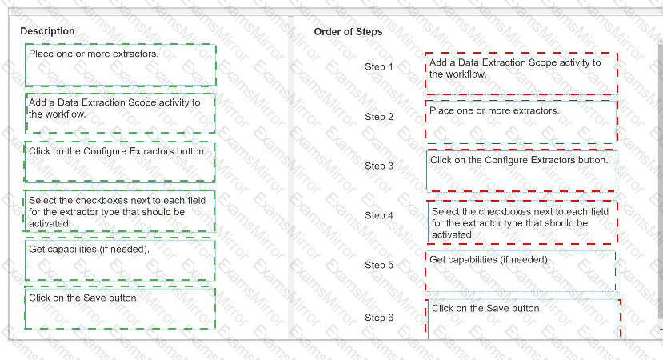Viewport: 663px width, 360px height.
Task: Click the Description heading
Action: (x=47, y=31)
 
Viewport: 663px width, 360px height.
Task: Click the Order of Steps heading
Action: (x=348, y=32)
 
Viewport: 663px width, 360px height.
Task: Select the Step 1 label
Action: (x=379, y=67)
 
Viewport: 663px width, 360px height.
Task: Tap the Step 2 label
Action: (x=379, y=117)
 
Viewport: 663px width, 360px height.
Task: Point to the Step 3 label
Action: (x=379, y=166)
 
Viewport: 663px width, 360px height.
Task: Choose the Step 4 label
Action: (x=379, y=215)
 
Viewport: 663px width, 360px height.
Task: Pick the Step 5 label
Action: (x=379, y=265)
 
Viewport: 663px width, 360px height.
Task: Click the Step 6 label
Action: (x=379, y=318)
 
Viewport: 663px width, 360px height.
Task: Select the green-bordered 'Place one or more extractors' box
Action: (x=121, y=65)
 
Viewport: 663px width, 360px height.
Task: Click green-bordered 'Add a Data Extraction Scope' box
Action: (x=121, y=114)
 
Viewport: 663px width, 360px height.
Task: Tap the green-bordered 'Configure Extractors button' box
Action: (x=120, y=162)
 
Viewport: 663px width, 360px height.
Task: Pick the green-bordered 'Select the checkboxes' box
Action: (x=119, y=211)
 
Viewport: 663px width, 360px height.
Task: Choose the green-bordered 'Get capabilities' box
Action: (x=120, y=260)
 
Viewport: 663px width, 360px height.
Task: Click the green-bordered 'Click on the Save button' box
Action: (x=120, y=308)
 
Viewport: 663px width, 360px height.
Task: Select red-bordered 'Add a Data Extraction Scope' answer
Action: (x=521, y=73)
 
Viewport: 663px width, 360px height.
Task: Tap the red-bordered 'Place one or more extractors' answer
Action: (x=521, y=121)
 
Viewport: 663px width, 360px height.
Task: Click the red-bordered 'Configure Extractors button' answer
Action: (x=521, y=170)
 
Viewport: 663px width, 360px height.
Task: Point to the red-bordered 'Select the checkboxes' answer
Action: (x=522, y=222)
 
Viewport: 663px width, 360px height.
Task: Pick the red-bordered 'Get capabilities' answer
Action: (x=521, y=271)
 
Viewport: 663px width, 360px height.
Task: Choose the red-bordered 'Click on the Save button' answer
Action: (x=524, y=318)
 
